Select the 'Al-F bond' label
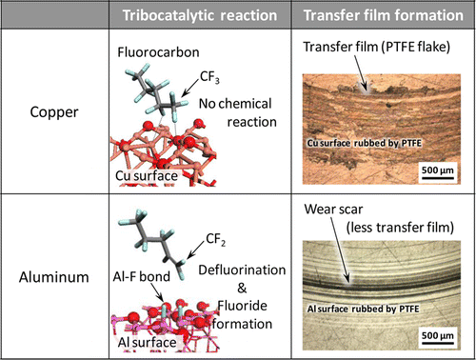coord(142,270)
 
